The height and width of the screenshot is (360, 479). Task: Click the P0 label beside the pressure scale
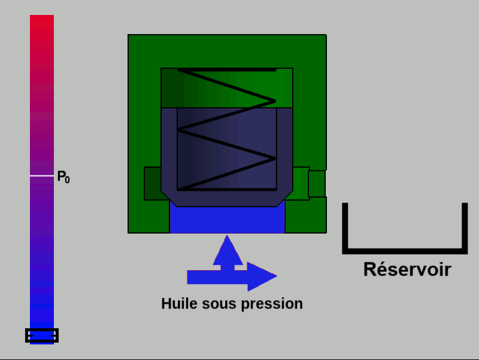point(63,177)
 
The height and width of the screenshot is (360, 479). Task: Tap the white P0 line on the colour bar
point(42,176)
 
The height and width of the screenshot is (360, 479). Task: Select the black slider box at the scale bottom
point(42,335)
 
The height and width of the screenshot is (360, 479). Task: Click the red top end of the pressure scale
point(42,19)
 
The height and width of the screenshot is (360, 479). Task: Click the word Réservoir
point(407,270)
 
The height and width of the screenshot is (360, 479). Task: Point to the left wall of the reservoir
point(345,228)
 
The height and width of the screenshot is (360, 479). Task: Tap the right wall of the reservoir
point(465,228)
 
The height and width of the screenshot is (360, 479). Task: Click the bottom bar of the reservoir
point(405,251)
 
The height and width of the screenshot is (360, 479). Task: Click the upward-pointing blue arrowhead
point(228,250)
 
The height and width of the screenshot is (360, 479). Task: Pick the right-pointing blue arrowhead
point(262,276)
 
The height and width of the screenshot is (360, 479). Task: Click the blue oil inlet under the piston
point(228,219)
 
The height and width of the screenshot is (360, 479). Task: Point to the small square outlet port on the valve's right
point(317,184)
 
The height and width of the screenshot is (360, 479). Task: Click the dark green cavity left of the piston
point(153,183)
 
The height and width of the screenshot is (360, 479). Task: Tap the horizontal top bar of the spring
point(227,70)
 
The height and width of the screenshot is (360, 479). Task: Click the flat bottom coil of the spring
point(227,189)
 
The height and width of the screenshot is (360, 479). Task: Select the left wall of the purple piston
point(169,150)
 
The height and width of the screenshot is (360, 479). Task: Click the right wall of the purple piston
point(285,150)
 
